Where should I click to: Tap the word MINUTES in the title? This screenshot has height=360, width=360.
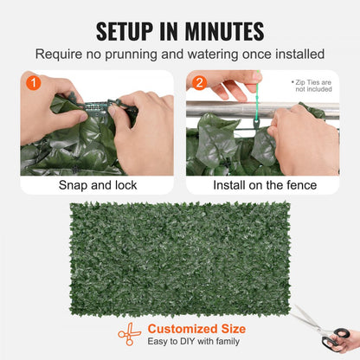pos(221,32)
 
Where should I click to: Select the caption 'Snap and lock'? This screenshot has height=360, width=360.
pos(97,185)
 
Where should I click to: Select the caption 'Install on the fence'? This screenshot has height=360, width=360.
pos(262,185)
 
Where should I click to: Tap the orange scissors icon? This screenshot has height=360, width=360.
pos(129,334)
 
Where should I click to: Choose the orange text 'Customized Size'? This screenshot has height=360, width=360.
pos(196,328)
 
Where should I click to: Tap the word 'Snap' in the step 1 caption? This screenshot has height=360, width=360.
pos(73,185)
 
